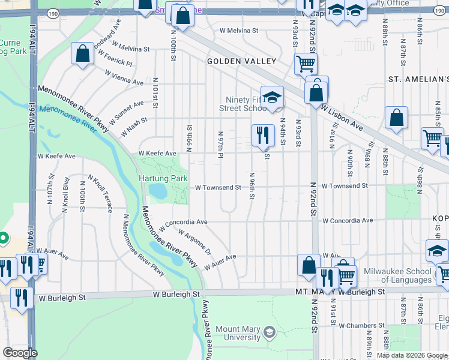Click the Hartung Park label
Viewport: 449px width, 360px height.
(163, 178)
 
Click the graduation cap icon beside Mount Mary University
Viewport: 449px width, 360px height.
(270, 332)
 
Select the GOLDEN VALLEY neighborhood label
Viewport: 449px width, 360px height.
(241, 61)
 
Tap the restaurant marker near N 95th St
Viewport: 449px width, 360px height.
(262, 136)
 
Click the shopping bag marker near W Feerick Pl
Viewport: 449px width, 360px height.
(83, 54)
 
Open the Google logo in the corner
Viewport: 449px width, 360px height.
(20, 353)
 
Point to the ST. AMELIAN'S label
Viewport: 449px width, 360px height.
(418, 79)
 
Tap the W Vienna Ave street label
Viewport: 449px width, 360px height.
(124, 77)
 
